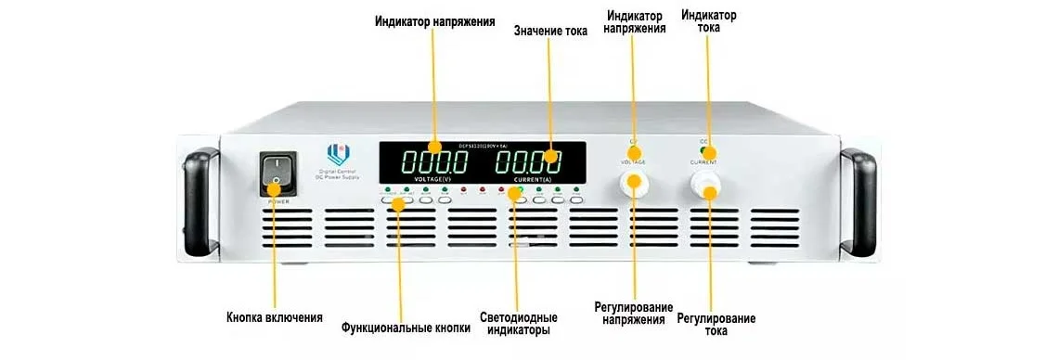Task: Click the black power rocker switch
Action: pos(277,174)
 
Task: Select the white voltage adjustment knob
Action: pos(635,184)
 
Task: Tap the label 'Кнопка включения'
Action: pos(275,317)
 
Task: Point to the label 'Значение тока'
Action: pos(550,31)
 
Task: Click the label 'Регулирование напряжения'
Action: pos(634,313)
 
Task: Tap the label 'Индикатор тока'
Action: pos(709,21)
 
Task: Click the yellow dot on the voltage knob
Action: pos(634,180)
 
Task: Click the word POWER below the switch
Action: pos(277,200)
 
